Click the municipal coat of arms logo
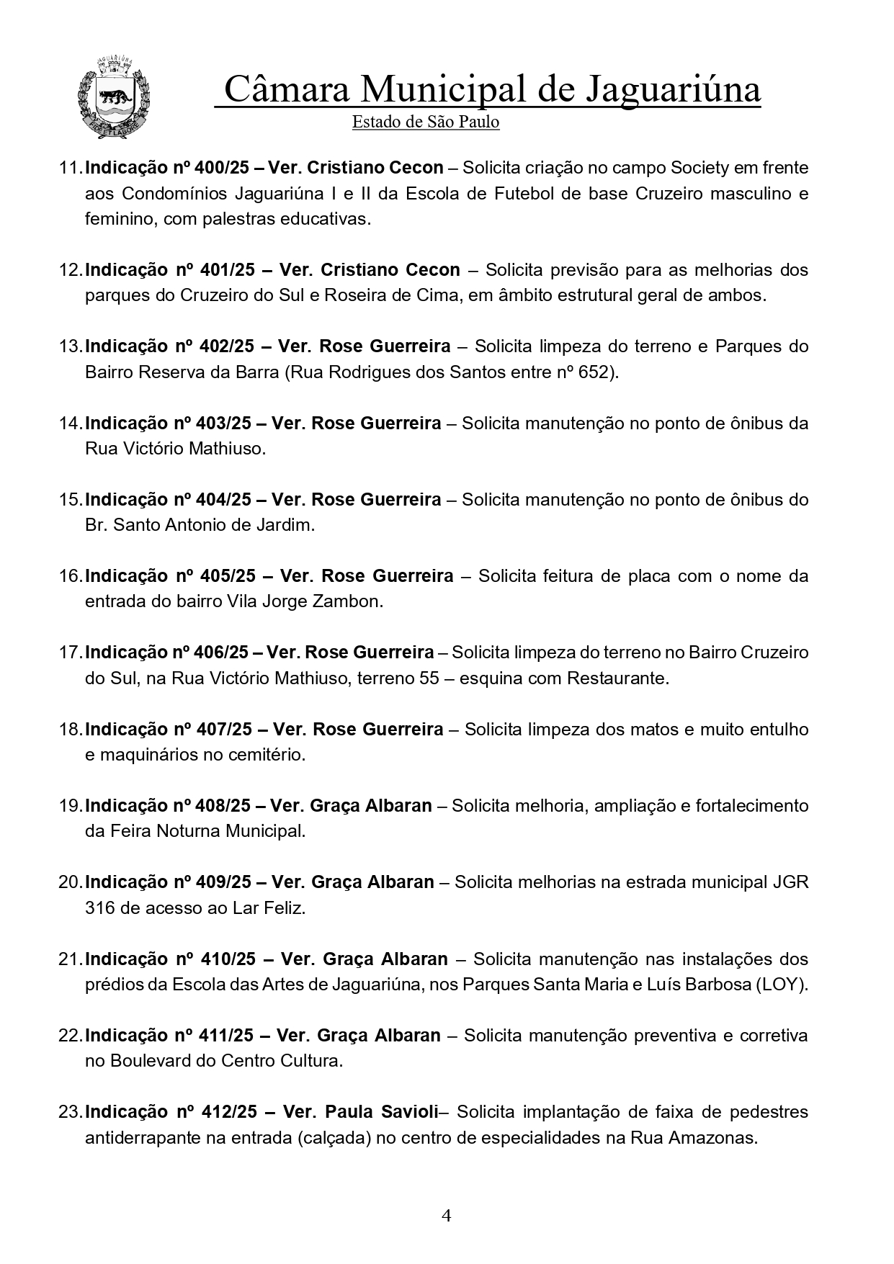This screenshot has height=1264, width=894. click(113, 97)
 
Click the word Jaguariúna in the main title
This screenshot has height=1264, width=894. click(673, 90)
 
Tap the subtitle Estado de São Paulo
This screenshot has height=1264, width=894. click(425, 122)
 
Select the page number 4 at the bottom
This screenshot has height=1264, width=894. click(447, 1216)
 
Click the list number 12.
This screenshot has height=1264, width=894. click(70, 270)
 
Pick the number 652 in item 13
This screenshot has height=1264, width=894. click(599, 372)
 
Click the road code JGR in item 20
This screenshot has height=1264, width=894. click(791, 882)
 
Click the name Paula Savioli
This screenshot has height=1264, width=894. click(381, 1112)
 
